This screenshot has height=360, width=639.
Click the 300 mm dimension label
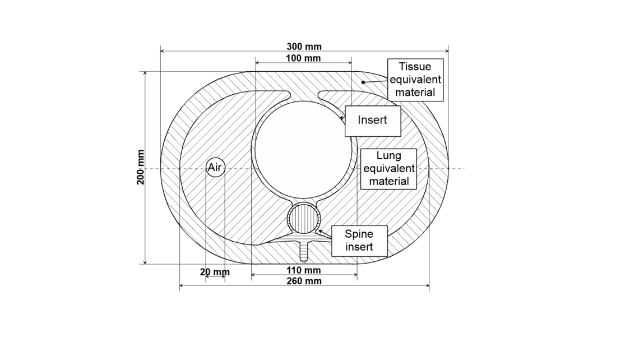point(304,47)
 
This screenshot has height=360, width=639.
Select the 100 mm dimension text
point(303,58)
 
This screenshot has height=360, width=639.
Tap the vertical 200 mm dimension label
point(141,167)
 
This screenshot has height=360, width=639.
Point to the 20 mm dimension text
point(215,272)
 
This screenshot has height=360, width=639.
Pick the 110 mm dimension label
point(304,270)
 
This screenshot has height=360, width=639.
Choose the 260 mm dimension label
point(304,281)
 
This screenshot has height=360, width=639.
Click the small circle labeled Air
point(215,167)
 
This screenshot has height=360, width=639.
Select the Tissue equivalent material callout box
point(415,80)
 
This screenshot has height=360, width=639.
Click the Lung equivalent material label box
point(389,169)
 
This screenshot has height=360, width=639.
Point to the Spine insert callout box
point(359,241)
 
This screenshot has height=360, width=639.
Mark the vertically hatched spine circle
point(304,219)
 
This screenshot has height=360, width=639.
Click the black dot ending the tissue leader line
point(363,82)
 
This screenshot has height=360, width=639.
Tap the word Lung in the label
point(389,155)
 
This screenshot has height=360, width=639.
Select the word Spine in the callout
point(359,234)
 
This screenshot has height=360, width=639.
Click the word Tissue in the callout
point(415,67)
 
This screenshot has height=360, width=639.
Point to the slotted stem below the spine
point(304,251)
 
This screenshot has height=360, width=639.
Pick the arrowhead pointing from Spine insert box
point(320,232)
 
